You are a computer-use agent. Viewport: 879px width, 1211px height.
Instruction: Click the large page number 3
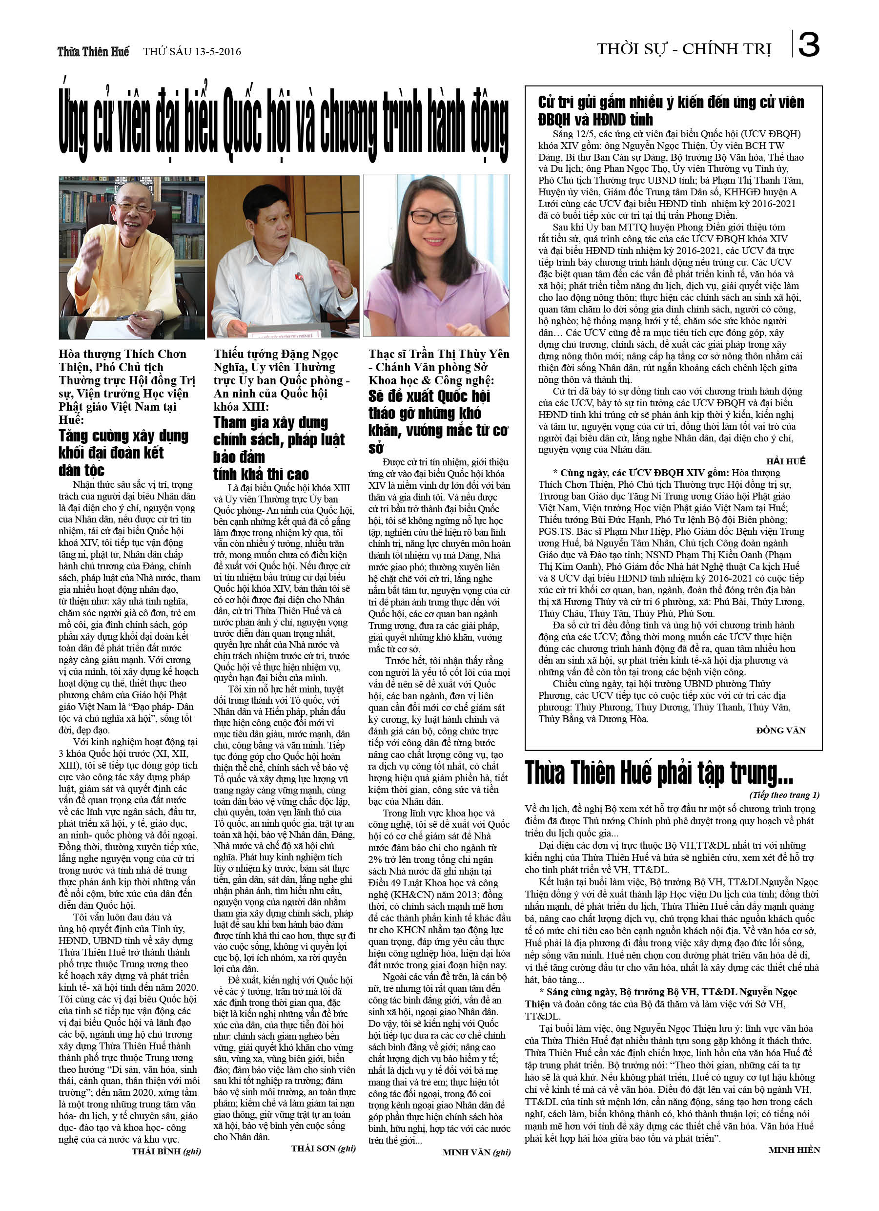[809, 45]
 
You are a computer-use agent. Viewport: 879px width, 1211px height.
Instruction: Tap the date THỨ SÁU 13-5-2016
[192, 52]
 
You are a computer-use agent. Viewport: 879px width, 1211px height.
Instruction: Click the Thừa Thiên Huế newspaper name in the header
[93, 52]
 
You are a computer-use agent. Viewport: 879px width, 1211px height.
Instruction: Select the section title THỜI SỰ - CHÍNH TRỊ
[684, 50]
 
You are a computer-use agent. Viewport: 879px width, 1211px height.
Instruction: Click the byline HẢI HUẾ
[786, 461]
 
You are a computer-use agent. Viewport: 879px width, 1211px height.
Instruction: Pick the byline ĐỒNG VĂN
[781, 731]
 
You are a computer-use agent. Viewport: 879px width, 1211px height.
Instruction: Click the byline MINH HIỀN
[794, 1149]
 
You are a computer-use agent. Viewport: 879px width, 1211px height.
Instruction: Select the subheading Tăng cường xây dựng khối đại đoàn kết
[123, 452]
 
